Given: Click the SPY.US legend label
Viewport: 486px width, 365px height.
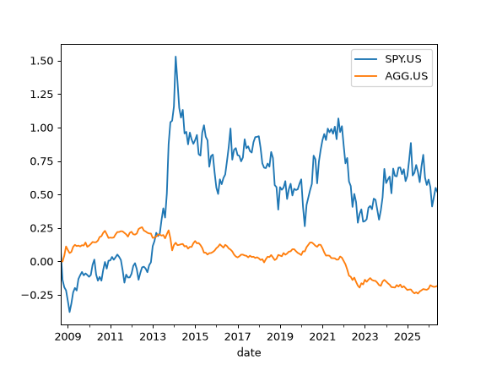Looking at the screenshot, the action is coord(403,59).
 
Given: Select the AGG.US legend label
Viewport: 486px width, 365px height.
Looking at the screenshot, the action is coord(407,76).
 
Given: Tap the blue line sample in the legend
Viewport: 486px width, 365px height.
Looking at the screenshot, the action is coord(366,59).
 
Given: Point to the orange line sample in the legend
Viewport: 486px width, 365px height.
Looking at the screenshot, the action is coord(366,76).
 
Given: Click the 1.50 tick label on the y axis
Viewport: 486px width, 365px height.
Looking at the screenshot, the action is coord(42,61).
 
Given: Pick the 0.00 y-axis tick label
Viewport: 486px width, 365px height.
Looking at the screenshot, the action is coord(42,262).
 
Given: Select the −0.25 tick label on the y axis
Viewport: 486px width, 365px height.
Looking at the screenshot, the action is coord(37,295).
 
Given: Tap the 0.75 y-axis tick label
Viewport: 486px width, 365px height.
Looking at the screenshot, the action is coord(42,161).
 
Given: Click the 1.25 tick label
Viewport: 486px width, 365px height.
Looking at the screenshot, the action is coord(42,95).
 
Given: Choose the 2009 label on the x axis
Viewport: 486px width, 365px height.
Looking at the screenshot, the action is coord(67,337).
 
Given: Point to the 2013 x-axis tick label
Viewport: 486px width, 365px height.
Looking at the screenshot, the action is coord(153,337).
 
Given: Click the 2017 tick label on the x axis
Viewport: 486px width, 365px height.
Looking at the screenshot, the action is coord(238,337).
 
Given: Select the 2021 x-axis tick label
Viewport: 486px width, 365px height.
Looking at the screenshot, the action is coord(322,337).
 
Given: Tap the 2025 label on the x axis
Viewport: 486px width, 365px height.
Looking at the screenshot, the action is coord(408,337).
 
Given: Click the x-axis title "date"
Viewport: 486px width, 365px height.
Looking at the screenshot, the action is coord(249,352).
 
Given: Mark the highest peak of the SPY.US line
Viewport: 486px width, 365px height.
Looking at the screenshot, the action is coord(175,57).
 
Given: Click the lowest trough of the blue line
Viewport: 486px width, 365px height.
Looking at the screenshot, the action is coord(69,312).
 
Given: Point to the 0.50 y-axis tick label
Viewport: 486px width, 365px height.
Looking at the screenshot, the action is coord(42,195).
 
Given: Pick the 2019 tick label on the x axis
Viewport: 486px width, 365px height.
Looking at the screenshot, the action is coord(280,337).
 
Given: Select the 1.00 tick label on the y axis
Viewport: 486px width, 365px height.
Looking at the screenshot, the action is coord(42,128).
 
